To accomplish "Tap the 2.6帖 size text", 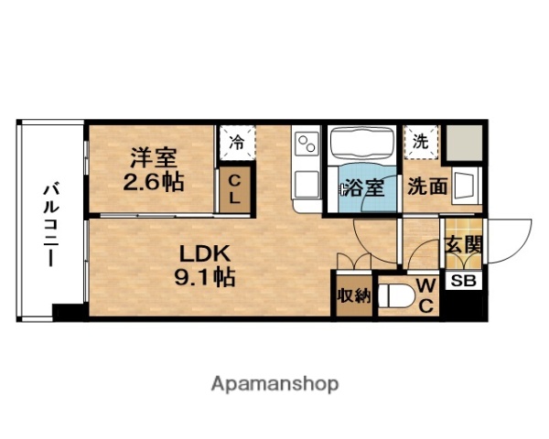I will [153, 181].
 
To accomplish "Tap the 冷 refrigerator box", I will [236, 144].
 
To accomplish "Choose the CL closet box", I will [235, 190].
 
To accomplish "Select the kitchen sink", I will [306, 179].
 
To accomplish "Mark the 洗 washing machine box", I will [421, 142].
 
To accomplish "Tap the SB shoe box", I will [463, 282].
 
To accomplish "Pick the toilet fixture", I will [395, 296].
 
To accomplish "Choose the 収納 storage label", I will [351, 296].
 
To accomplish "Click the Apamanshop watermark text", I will [275, 382].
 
